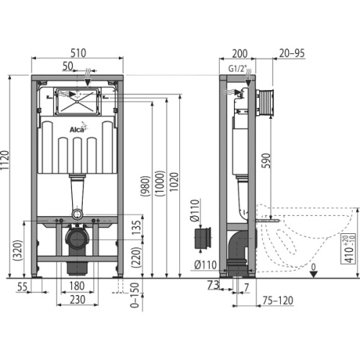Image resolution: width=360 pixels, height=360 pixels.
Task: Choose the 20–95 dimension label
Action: [293, 52]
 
